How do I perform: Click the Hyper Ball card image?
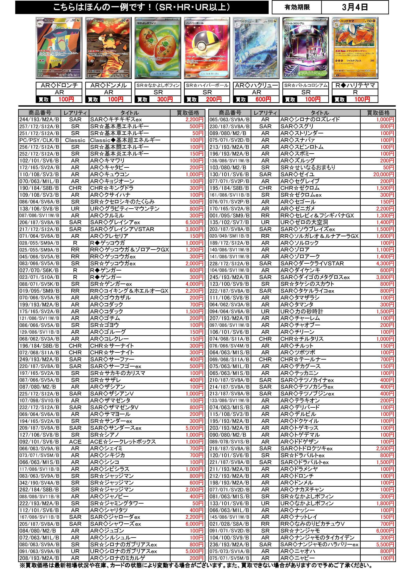(x=207, y=48)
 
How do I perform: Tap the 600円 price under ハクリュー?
(x=263, y=99)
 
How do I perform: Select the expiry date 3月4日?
(x=355, y=7)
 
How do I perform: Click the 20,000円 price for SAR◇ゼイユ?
(x=383, y=174)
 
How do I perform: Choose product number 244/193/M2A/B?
(x=39, y=120)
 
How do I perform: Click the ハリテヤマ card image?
(x=355, y=48)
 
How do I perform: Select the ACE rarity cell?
(x=75, y=442)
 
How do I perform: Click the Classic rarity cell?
(x=75, y=140)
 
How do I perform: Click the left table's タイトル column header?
(x=129, y=113)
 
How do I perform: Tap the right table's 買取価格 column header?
(x=378, y=113)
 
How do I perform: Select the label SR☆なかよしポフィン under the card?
(x=158, y=85)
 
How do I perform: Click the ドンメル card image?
(x=108, y=48)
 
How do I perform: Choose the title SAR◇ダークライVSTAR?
(x=312, y=263)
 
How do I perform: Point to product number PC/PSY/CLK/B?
(x=39, y=140)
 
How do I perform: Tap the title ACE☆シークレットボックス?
(x=123, y=442)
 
